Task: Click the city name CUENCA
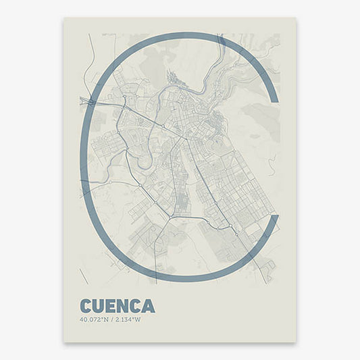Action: (116, 306)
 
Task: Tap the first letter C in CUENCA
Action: (86, 306)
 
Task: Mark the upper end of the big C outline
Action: (273, 100)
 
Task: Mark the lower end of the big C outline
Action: (273, 218)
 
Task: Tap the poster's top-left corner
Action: (63, 18)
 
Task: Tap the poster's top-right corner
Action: (296, 18)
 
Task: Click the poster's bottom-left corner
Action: (63, 342)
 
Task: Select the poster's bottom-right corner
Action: (296, 342)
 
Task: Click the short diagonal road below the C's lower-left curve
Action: (84, 276)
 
